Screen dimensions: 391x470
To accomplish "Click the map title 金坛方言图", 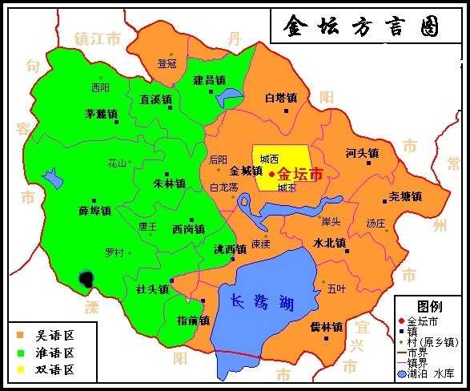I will click(x=362, y=26).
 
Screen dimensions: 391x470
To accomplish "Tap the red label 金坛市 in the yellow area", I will click(x=301, y=173).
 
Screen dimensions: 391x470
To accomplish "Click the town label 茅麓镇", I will click(x=102, y=114).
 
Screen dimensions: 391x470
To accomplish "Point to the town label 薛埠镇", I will click(x=94, y=211).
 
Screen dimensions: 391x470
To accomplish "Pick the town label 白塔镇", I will click(x=281, y=98).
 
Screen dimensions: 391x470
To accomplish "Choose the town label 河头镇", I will click(x=362, y=153).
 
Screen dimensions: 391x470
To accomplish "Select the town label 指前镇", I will click(x=193, y=320).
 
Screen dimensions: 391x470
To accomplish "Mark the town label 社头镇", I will click(x=152, y=289).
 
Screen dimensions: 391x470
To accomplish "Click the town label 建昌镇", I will click(x=209, y=80).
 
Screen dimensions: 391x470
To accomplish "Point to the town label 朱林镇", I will click(x=170, y=183).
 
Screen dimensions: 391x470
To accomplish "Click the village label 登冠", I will click(x=167, y=63).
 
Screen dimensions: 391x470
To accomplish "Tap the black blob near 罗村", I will click(x=86, y=278).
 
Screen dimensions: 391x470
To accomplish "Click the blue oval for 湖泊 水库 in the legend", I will click(x=402, y=373).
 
